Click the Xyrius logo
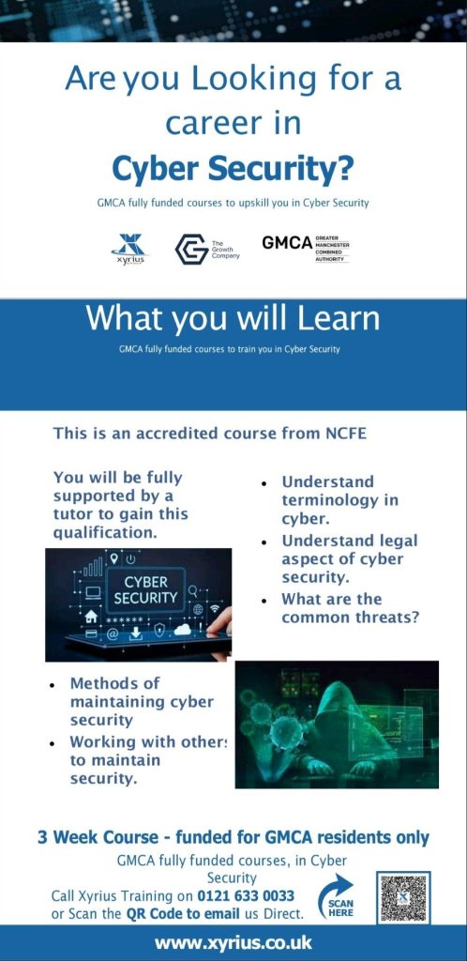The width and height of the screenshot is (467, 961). [129, 248]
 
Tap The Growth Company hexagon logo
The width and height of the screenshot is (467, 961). [191, 249]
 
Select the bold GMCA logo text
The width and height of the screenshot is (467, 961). [287, 243]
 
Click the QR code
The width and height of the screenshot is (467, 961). [403, 897]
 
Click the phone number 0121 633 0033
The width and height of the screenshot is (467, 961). [246, 896]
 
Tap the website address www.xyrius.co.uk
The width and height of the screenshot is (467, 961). [233, 942]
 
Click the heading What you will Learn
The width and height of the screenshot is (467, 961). [233, 317]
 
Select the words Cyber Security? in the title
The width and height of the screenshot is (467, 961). [233, 169]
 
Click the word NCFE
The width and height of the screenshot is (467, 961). [343, 434]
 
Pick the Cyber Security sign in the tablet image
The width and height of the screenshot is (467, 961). [145, 589]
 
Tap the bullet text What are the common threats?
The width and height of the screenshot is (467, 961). [350, 608]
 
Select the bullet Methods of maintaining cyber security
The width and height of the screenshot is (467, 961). [142, 701]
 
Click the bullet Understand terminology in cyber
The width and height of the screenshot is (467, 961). [339, 500]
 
